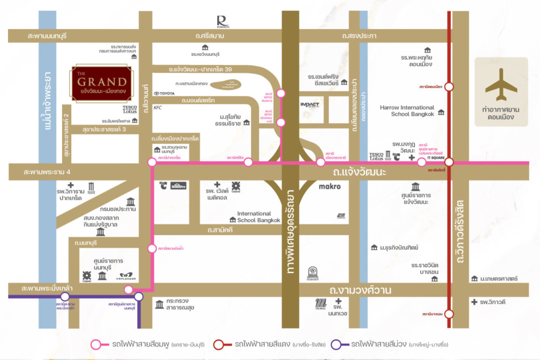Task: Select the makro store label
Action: point(330,186)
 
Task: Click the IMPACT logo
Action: point(310,104)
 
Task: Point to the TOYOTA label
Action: point(163,93)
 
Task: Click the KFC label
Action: point(157,108)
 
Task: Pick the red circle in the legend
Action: point(219,345)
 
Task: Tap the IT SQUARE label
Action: point(436,157)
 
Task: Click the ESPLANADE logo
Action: point(128,276)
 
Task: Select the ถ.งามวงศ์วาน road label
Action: point(357,289)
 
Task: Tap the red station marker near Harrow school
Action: point(449,86)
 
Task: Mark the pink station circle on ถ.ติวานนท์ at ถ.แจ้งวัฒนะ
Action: point(152,162)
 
